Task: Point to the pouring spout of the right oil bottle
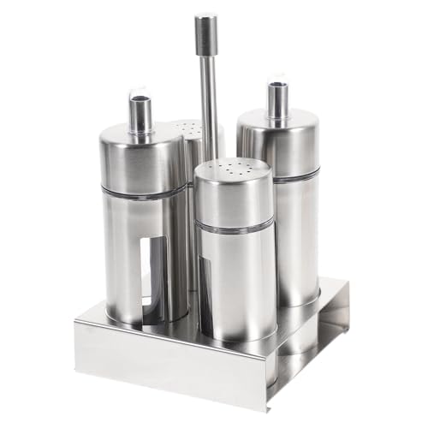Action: tap(277, 101)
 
